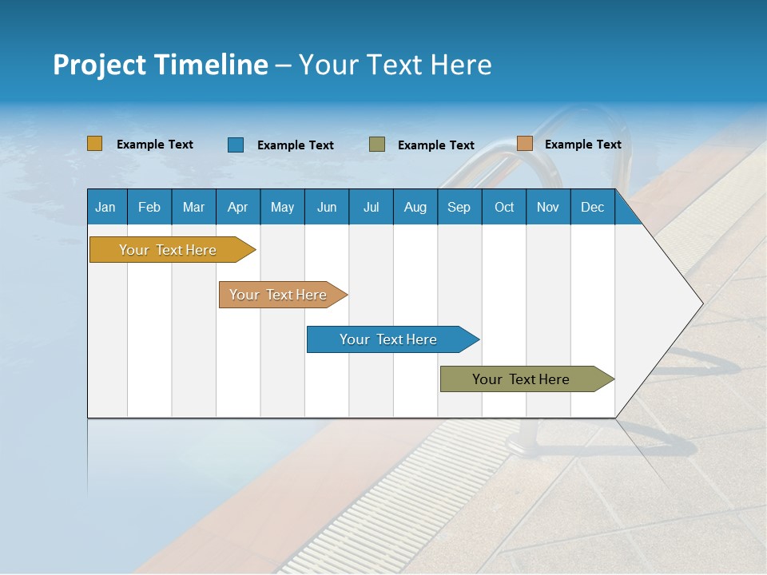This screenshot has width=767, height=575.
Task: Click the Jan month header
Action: [105, 207]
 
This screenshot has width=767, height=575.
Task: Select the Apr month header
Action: [237, 207]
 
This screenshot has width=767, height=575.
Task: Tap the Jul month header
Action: [371, 207]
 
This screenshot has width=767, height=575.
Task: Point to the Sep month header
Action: [459, 207]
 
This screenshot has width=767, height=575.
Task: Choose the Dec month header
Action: [592, 207]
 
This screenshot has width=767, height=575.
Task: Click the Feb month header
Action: [149, 207]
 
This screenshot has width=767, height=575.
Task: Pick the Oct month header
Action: [504, 207]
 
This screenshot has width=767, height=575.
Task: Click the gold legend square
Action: [95, 144]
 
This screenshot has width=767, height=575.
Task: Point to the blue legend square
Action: [236, 145]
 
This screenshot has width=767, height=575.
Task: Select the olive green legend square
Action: [377, 145]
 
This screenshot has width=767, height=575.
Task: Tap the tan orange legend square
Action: [524, 144]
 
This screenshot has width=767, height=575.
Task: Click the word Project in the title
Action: [99, 65]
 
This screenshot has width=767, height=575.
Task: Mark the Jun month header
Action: [327, 207]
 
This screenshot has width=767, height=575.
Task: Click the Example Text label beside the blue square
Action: [296, 145]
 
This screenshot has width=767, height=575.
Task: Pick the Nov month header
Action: [548, 207]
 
